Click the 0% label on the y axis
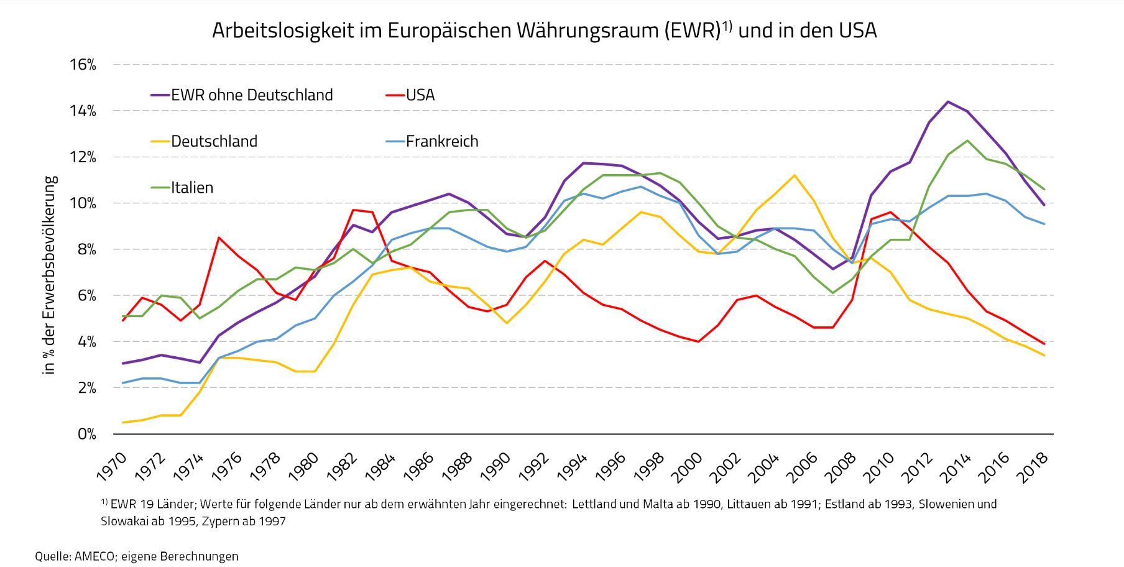pos(87,434)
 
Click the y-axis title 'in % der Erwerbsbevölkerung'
pos(50,275)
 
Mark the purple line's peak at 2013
pos(948,101)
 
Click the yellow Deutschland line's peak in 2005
pos(794,175)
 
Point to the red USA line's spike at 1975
pos(219,237)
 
